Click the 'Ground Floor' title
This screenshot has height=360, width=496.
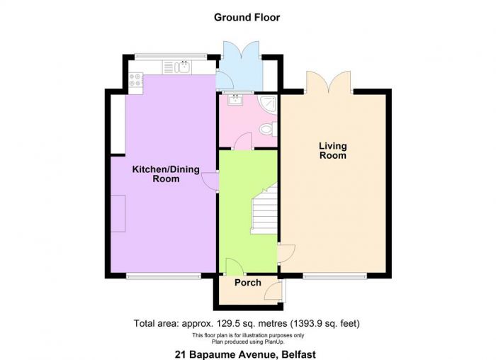coord(247,18)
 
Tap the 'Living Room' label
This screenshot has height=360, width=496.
coord(333,150)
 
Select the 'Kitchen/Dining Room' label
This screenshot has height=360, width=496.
coord(166,174)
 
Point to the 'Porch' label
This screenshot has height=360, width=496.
coord(248,283)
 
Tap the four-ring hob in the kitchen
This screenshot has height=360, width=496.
coord(135,79)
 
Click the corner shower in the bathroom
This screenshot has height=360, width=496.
coord(268,103)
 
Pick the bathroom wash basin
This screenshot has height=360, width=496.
coord(235,100)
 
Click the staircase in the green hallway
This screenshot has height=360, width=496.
coord(264,209)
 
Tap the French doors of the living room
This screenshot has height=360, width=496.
coord(329,81)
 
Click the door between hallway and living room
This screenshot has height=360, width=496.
coord(286,253)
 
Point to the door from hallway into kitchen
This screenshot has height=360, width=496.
coord(210,181)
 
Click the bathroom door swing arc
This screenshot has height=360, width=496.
coord(243,141)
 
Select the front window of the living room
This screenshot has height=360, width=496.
coord(334,277)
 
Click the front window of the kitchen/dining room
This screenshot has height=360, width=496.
coord(164,277)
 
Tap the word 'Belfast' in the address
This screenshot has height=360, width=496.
coord(299,354)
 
